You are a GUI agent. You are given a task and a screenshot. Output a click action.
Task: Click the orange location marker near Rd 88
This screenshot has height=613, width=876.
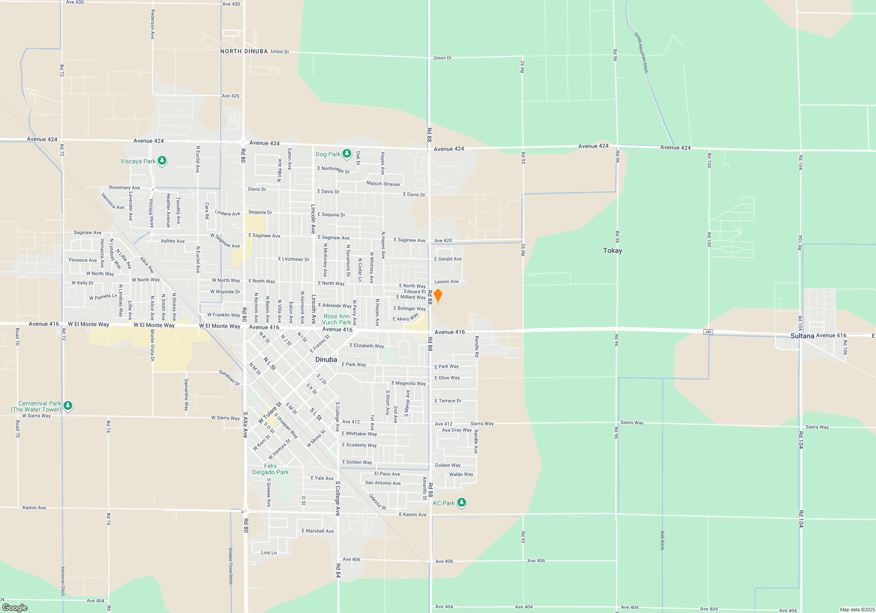438,296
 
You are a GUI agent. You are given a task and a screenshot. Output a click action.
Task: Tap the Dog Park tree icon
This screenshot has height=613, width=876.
347,154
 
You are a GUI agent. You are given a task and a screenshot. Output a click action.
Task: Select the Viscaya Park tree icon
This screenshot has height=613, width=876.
162,161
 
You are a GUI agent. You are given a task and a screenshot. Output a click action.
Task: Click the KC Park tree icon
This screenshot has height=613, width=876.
461,503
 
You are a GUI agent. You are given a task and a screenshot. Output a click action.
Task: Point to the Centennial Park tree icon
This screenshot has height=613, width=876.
68,406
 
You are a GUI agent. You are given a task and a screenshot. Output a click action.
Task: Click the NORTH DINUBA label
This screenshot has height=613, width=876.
244,51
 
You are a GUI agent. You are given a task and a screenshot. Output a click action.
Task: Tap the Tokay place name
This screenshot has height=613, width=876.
612,250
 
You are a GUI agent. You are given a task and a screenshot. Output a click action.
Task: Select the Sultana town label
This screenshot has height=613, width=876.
802,336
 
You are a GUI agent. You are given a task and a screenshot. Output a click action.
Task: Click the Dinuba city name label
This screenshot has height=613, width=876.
326,359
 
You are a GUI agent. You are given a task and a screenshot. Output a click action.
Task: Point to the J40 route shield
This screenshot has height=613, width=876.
708,332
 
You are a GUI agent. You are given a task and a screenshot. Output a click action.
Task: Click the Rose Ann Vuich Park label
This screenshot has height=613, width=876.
336,319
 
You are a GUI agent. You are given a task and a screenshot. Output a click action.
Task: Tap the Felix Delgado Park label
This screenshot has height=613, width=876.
270,469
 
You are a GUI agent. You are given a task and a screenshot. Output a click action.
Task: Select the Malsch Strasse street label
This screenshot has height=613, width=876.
383,184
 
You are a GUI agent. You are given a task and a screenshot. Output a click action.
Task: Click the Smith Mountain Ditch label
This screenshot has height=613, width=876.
641,53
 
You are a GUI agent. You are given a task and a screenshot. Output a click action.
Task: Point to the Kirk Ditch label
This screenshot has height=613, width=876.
662,540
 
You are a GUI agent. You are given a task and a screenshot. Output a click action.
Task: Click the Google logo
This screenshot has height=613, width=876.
15,607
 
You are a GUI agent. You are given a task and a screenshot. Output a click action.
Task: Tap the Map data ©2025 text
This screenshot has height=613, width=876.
857,609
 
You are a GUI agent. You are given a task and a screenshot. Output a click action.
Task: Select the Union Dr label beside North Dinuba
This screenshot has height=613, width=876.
280,52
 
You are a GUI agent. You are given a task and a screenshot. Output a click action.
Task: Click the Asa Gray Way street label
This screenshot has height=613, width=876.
456,430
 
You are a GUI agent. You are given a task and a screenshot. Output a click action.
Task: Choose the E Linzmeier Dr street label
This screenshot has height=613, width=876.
293,259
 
